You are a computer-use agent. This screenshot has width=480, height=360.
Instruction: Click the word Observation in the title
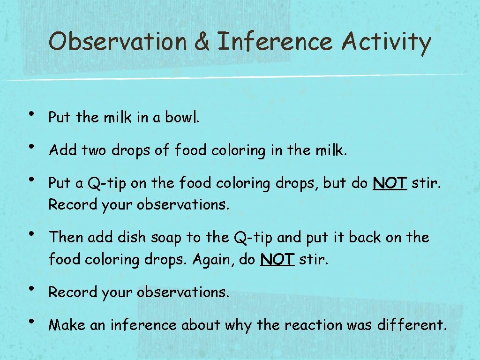118,42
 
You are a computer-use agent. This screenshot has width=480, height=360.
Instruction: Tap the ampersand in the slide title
202,42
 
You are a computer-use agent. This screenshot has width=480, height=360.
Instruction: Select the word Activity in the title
386,42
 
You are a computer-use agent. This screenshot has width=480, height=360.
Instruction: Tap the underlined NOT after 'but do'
390,184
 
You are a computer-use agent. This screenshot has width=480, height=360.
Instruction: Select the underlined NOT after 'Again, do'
277,259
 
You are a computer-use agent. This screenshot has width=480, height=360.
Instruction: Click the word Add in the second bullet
63,150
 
